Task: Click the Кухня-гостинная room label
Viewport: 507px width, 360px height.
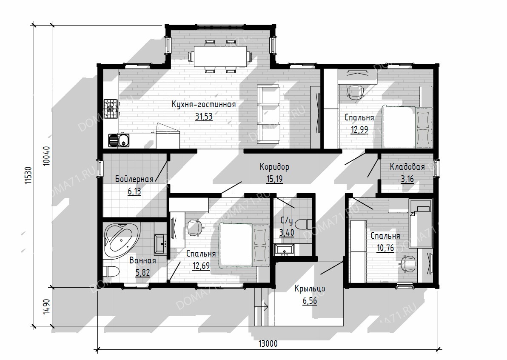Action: (x=204, y=105)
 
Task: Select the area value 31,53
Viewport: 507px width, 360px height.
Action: (x=204, y=117)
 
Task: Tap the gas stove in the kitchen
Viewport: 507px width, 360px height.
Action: (x=111, y=109)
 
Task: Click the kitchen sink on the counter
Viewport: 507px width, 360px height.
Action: (x=118, y=141)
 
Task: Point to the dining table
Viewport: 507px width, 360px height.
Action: (x=220, y=56)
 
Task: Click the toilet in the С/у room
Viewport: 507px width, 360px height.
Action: (x=304, y=224)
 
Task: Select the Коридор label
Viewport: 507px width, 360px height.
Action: (x=274, y=167)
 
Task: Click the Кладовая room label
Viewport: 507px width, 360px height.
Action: (x=407, y=167)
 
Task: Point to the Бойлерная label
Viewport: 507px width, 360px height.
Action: (x=134, y=179)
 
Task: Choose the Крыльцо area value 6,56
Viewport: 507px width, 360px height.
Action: (x=310, y=301)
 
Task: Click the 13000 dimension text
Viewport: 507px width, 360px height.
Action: (x=268, y=343)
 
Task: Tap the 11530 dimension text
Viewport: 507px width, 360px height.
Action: (x=28, y=176)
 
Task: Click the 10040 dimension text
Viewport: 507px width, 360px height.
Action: (x=47, y=156)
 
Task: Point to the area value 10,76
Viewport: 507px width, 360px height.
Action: (x=385, y=248)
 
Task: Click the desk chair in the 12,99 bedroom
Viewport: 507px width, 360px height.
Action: (x=356, y=93)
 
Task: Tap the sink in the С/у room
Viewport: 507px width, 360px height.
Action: (x=284, y=250)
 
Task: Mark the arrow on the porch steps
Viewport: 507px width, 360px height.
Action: (x=262, y=307)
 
